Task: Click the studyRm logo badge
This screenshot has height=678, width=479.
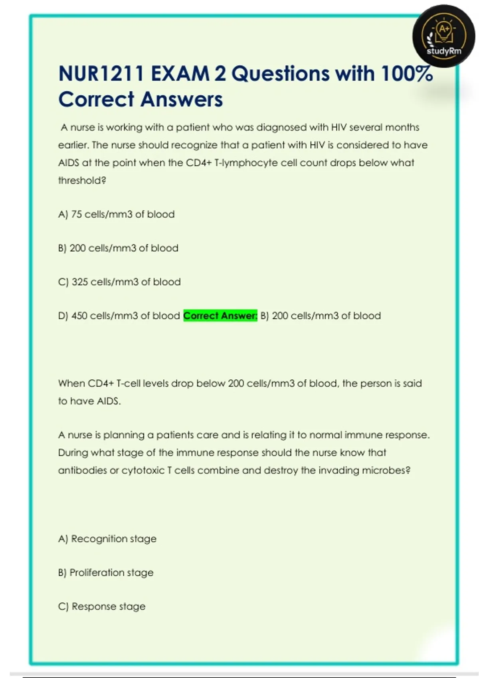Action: [444, 36]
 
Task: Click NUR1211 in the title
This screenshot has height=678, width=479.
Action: [101, 74]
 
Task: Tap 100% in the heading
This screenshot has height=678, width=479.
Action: [406, 74]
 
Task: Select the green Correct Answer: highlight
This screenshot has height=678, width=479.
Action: [220, 316]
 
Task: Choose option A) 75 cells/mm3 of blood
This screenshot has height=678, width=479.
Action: [116, 215]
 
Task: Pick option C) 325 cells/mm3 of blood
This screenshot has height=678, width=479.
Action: [119, 282]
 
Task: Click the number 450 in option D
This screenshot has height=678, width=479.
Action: [79, 316]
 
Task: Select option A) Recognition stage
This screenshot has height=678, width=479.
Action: [107, 539]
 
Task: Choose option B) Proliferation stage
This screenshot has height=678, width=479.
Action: [106, 573]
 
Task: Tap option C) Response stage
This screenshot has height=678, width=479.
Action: [102, 607]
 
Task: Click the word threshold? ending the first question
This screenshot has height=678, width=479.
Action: [82, 181]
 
